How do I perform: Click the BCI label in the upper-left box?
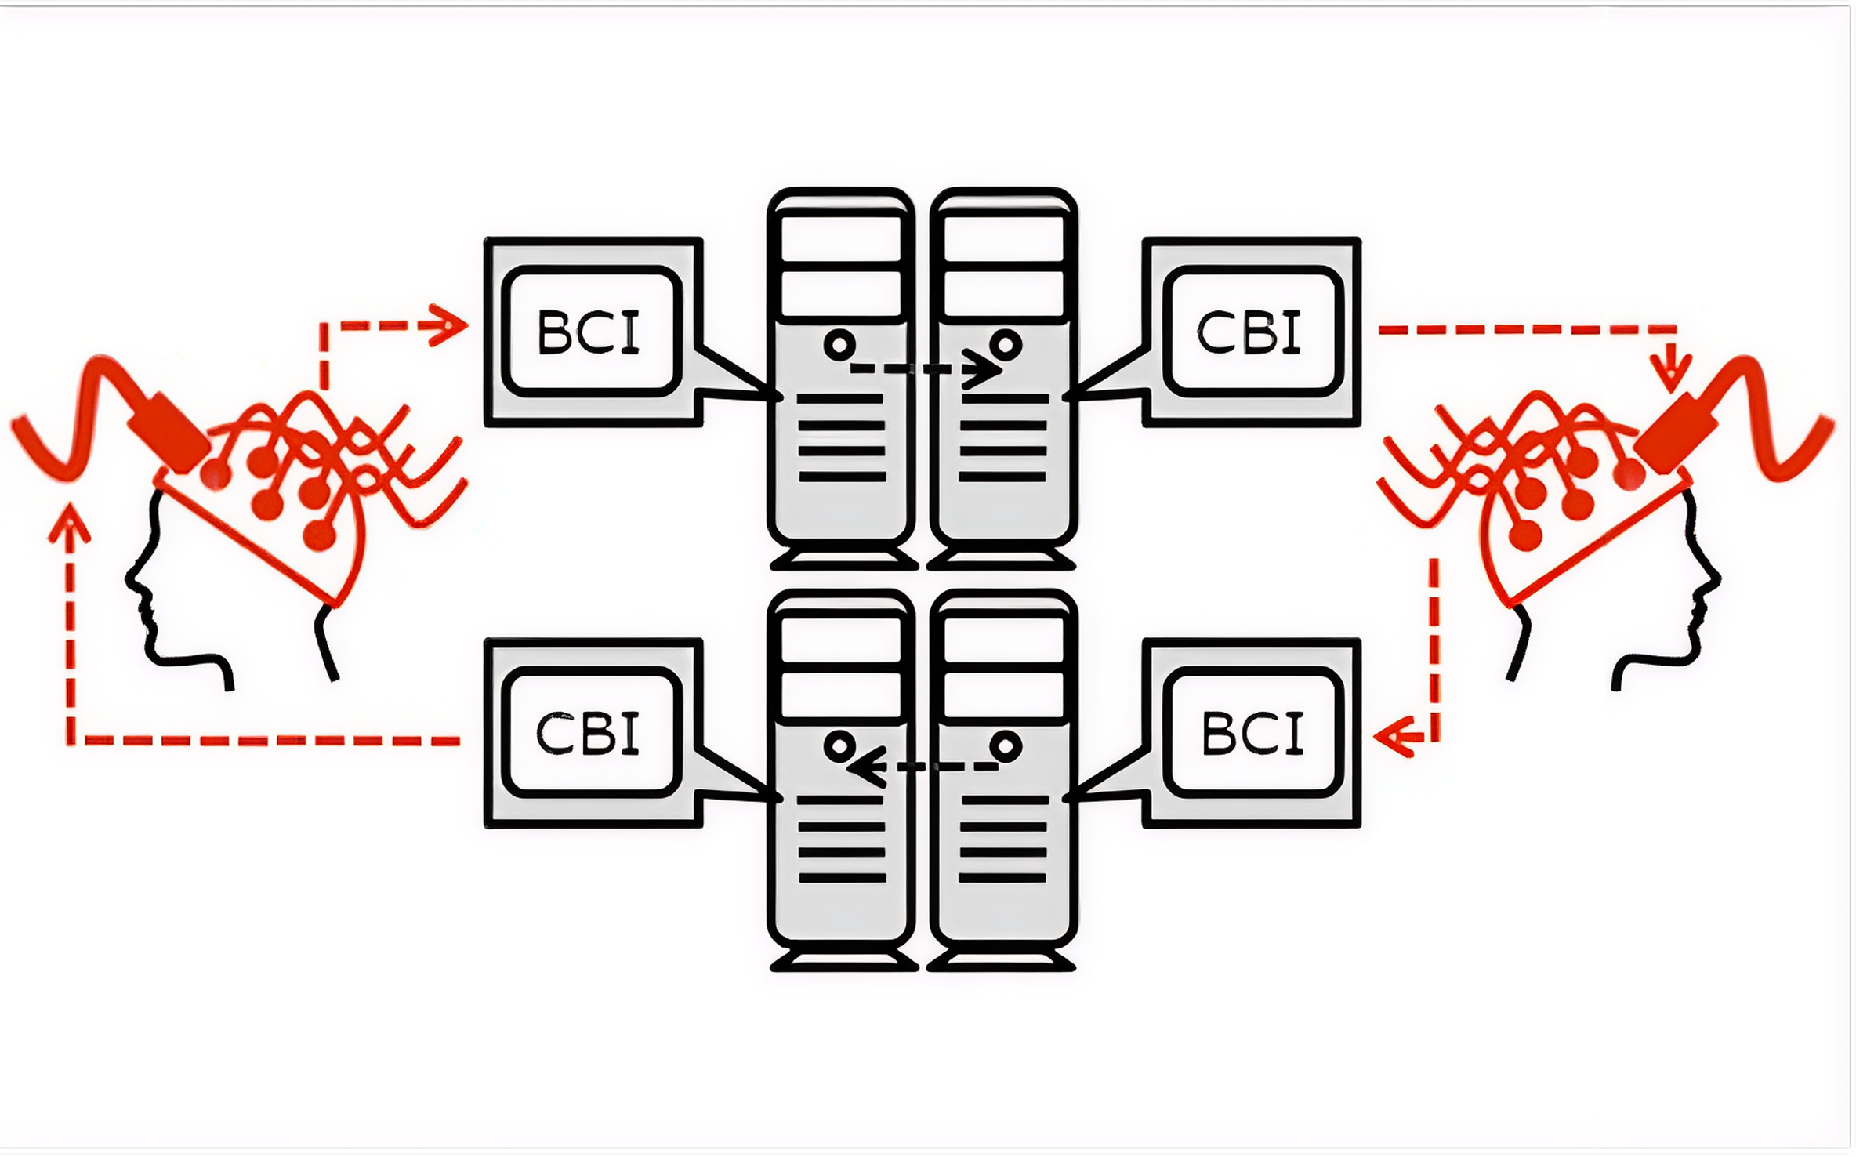coord(589,332)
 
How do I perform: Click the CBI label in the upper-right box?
coord(1249,332)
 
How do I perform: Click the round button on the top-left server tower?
coord(839,344)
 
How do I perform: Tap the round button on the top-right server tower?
coord(1006,344)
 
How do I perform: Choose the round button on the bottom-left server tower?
coord(839,745)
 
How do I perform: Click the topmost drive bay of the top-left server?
coord(840,234)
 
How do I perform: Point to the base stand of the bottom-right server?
coord(1002,961)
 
